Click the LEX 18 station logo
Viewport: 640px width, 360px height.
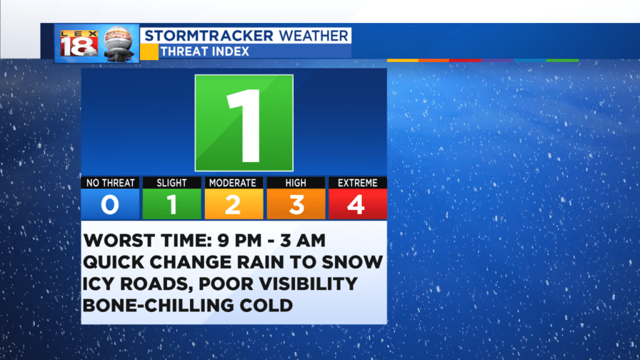79,43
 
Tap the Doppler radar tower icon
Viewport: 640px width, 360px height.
119,44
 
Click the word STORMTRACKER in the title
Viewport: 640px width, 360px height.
209,36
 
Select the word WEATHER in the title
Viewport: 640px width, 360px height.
314,36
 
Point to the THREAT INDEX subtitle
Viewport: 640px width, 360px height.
204,51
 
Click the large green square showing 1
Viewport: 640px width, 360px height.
244,123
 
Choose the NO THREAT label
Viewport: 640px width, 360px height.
110,183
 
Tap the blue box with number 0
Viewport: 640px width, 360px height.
110,204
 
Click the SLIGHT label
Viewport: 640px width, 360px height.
172,183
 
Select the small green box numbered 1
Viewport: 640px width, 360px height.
172,204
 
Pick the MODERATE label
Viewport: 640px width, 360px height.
232,183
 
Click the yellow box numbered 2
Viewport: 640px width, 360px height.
234,204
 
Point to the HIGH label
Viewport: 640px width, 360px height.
296,183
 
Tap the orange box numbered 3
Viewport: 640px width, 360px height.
296,204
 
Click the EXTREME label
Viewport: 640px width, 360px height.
357,183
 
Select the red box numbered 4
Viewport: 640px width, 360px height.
358,204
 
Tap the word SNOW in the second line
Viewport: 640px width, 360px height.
352,262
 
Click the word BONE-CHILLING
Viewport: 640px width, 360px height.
157,305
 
